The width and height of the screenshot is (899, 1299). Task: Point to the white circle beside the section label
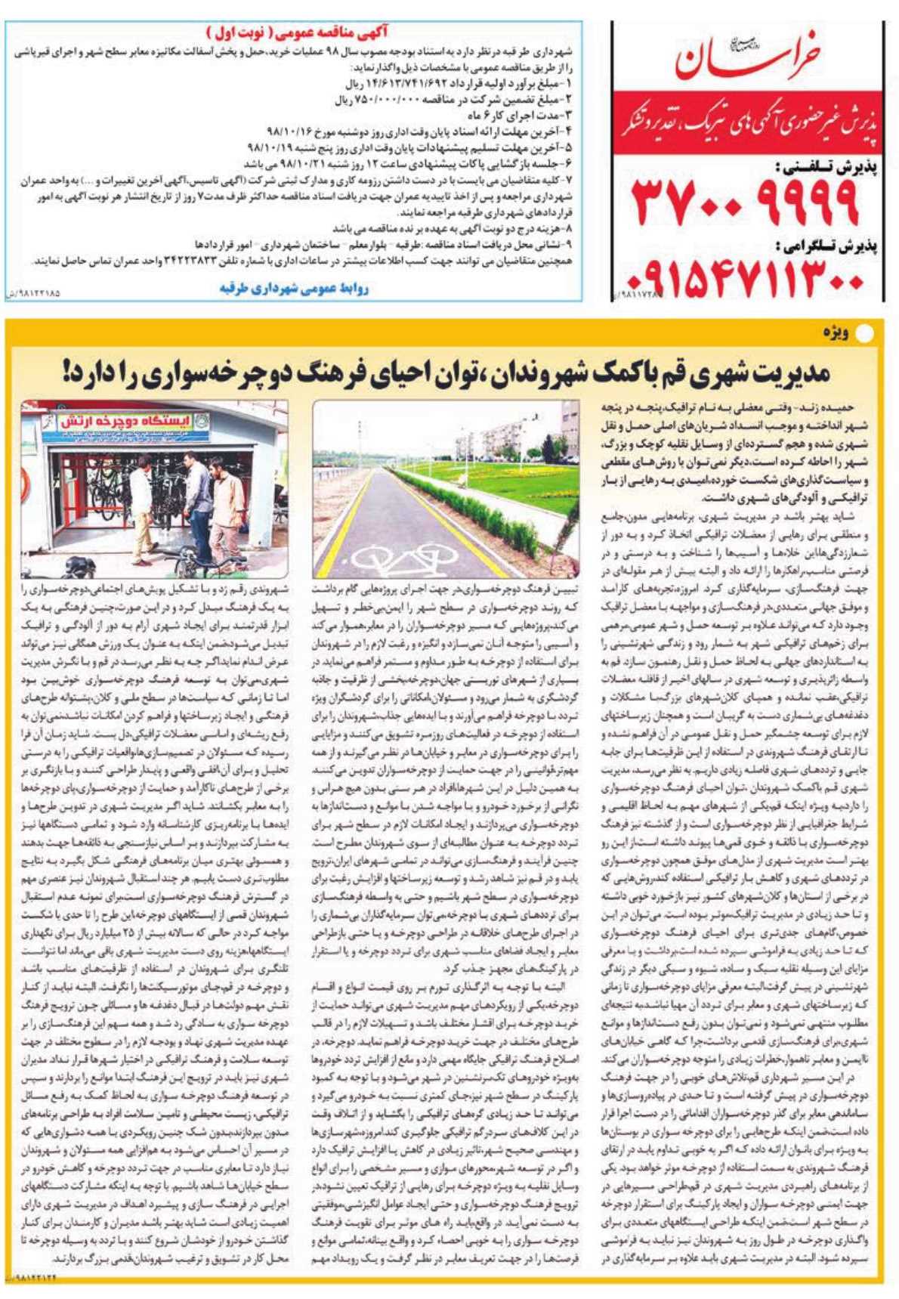tap(870, 332)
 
